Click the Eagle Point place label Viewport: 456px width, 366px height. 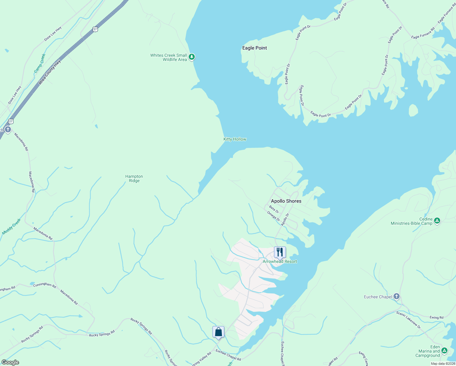tap(255, 48)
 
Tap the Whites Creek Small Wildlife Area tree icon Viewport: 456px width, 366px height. tap(192, 57)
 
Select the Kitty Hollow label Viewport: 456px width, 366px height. tap(235, 139)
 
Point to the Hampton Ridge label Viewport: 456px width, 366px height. tap(134, 178)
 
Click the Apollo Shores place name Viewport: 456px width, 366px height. tap(286, 201)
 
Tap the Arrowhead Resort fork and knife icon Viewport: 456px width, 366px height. tap(280, 252)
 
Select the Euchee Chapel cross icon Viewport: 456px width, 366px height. tap(396, 296)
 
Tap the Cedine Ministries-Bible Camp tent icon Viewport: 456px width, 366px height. tap(437, 221)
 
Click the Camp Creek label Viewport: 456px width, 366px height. tap(40, 63)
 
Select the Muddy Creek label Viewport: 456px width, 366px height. tap(12, 227)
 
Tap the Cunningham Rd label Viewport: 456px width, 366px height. tap(45, 285)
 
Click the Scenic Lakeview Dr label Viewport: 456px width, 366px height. tap(408, 320)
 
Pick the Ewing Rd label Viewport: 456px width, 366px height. tap(436, 318)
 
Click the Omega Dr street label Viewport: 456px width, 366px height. tap(273, 216)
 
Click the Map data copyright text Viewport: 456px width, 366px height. tap(443, 364)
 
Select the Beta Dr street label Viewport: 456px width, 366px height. tap(274, 209)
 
